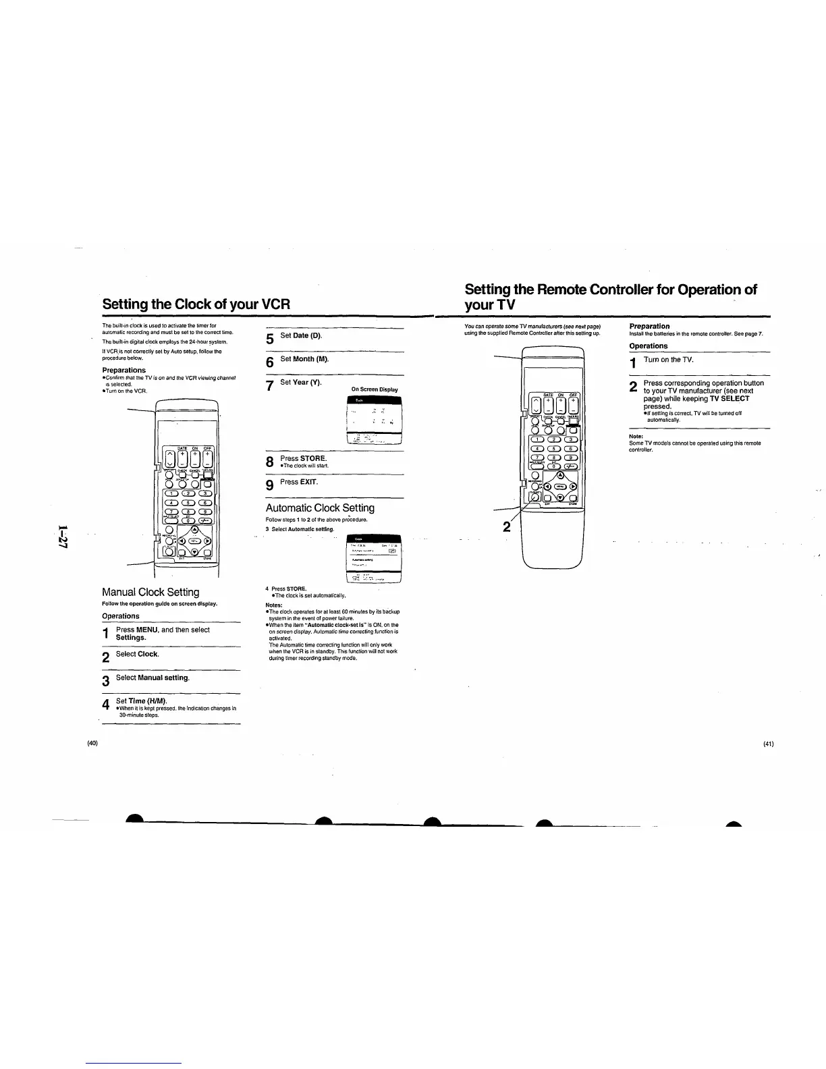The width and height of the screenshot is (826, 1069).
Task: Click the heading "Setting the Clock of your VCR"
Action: click(196, 304)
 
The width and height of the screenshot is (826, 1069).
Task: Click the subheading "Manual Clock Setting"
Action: click(150, 592)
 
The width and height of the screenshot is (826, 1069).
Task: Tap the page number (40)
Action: click(93, 743)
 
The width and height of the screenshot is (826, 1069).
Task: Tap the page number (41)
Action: click(768, 744)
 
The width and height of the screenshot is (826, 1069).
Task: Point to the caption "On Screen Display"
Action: click(375, 389)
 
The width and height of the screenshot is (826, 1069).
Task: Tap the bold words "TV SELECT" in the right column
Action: click(725, 398)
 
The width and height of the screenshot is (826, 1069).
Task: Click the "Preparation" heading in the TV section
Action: click(649, 326)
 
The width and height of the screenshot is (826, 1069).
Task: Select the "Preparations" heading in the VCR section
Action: click(123, 370)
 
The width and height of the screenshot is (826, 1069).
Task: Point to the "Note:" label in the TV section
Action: click(636, 436)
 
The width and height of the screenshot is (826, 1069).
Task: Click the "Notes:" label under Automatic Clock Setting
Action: click(274, 605)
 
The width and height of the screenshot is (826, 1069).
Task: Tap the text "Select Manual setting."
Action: click(153, 677)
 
